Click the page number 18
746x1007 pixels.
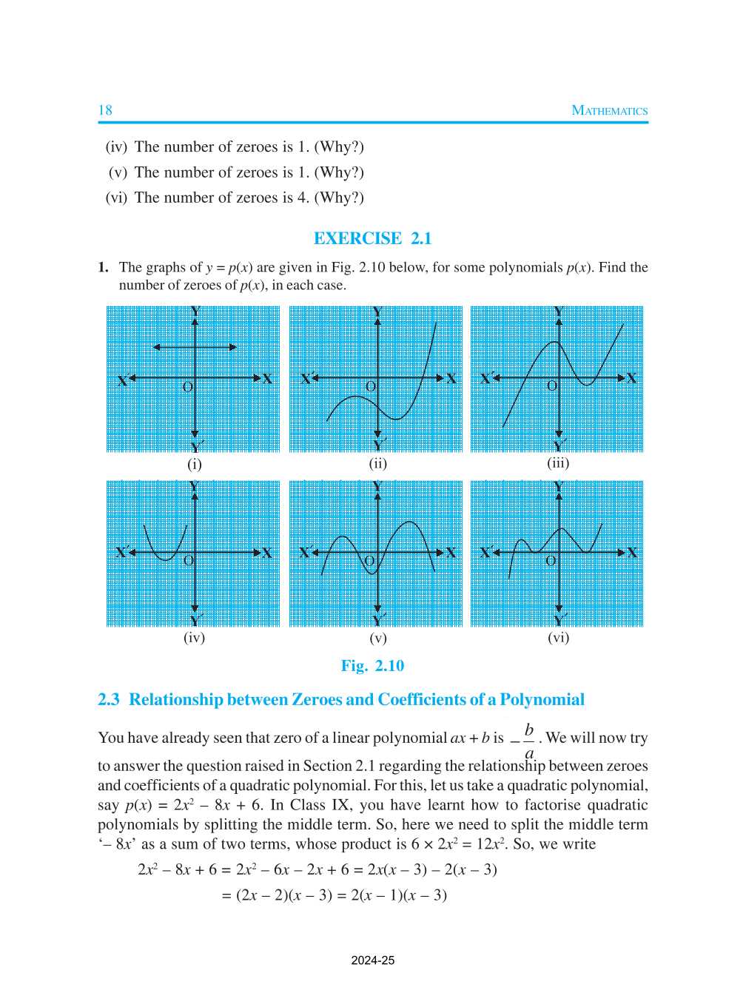105,110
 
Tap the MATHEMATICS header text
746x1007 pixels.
609,111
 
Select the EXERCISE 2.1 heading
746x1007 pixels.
372,238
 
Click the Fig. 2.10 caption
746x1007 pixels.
372,665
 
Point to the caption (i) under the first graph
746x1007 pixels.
194,464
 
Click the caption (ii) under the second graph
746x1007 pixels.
377,464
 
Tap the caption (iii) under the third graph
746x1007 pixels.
558,463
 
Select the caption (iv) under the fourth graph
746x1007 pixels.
194,637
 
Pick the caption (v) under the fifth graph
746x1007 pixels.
377,638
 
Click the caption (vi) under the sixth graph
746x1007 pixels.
558,637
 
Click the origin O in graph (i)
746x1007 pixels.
187,387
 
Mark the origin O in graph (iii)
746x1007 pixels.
551,386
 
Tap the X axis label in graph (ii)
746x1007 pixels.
451,379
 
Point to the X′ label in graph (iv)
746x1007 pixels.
123,553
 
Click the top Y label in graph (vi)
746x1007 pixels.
559,486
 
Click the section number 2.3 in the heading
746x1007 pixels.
108,699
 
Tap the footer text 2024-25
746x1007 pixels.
372,960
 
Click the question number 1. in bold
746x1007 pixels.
104,267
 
